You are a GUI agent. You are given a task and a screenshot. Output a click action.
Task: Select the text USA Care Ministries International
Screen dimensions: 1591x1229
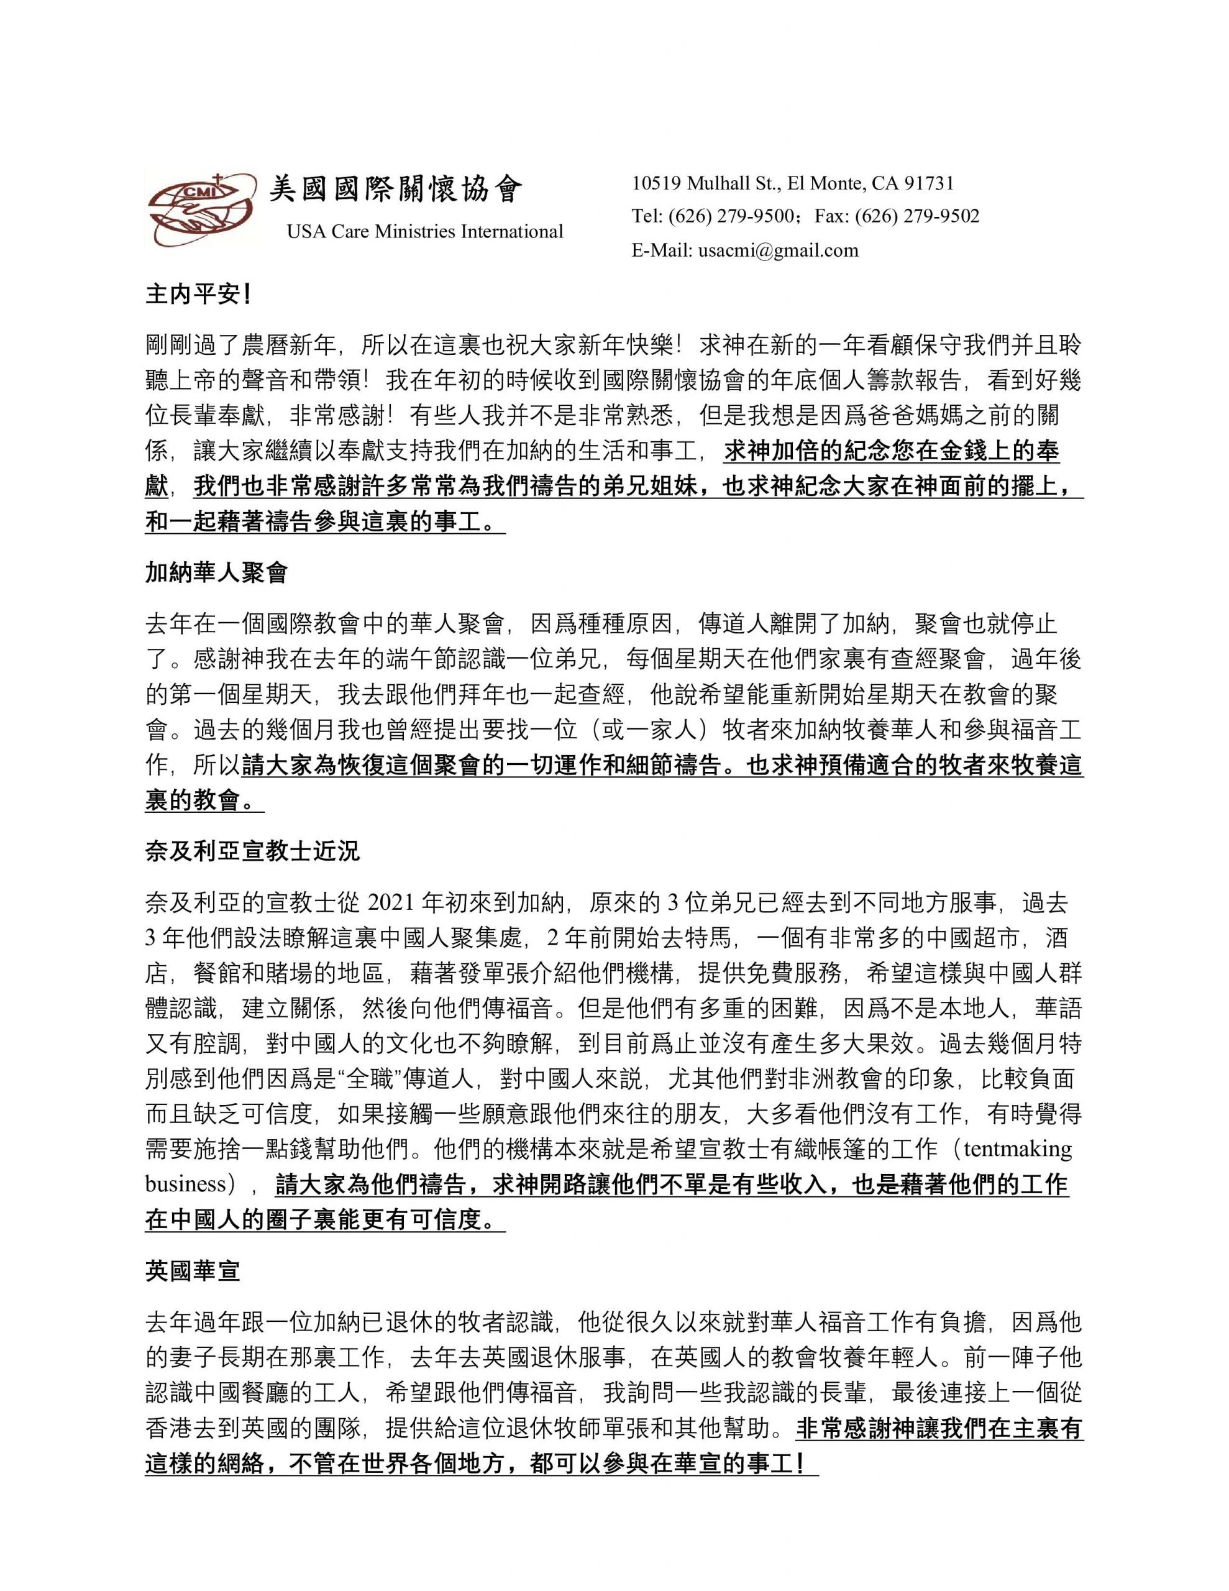tap(425, 232)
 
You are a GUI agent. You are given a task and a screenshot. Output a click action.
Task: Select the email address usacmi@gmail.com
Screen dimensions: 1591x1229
tap(778, 250)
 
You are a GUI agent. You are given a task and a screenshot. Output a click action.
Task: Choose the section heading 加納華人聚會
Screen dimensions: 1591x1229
tap(216, 572)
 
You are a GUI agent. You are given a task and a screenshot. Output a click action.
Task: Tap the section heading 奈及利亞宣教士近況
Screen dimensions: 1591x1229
tap(252, 851)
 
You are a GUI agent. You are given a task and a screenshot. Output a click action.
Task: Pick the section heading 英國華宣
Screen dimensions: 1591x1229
tap(193, 1271)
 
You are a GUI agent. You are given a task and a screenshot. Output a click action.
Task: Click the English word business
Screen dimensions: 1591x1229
tap(186, 1184)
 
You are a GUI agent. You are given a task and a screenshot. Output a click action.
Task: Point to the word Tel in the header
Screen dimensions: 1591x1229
tap(646, 216)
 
